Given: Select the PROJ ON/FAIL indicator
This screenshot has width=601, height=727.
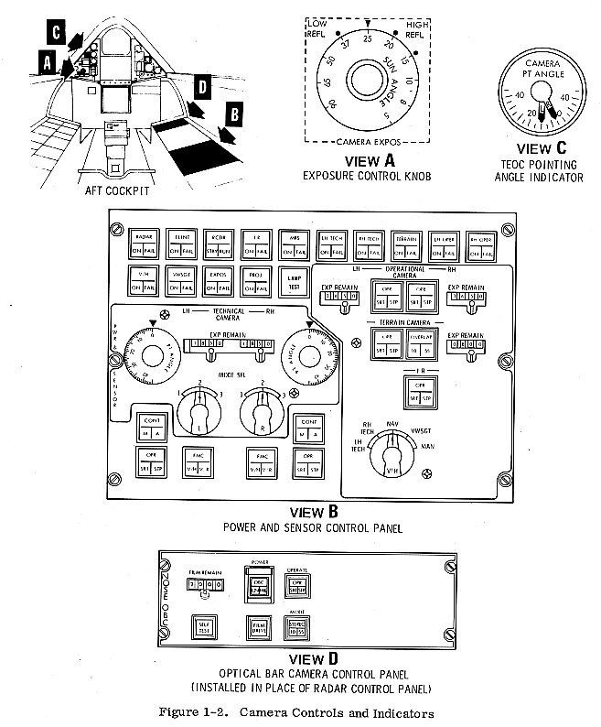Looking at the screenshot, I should click(255, 280).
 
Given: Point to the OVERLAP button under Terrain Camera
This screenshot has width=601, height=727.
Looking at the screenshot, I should click(421, 342).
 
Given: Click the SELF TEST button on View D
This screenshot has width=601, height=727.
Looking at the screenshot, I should click(203, 625).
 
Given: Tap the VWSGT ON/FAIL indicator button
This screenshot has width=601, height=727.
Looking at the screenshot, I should click(180, 280).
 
